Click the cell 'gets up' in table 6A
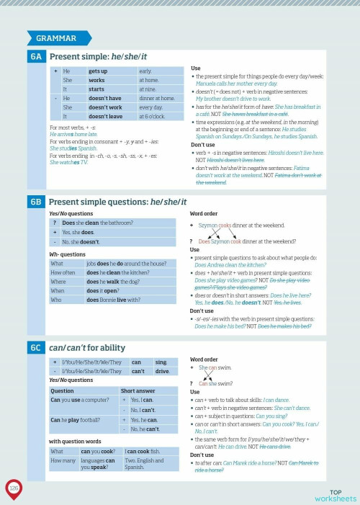(x=112, y=71)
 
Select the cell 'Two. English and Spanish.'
(x=148, y=463)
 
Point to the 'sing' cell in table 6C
(x=163, y=362)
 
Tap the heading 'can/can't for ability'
(x=91, y=348)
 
